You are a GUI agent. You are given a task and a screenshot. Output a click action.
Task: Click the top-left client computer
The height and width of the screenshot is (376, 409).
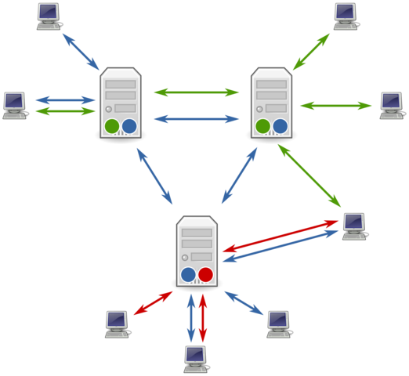point(49,15)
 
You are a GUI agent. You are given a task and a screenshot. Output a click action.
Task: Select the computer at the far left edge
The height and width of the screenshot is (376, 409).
point(14,104)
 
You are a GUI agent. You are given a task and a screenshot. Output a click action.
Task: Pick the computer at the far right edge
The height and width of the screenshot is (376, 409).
point(391,105)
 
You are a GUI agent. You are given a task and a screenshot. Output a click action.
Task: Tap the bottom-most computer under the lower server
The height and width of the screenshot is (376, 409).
point(196,358)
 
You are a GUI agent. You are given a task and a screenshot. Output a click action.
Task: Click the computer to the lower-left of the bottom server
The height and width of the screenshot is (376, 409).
point(117,323)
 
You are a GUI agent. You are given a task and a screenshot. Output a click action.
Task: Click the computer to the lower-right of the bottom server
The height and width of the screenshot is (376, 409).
point(278,323)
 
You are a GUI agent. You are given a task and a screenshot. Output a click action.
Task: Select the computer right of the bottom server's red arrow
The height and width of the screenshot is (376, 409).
point(353,225)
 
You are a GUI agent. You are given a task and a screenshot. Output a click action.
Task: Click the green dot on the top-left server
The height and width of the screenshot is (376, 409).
point(112,126)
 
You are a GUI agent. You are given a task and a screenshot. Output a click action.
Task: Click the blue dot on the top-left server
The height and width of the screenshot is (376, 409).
point(129,126)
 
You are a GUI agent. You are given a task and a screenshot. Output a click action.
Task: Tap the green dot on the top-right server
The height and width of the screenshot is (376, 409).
point(263,126)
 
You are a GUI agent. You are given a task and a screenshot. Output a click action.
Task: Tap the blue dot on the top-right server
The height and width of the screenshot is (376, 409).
point(280,126)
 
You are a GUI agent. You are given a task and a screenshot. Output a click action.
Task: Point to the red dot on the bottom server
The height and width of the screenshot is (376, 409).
point(205,274)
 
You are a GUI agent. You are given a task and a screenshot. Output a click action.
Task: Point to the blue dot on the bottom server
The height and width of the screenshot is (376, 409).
point(188,274)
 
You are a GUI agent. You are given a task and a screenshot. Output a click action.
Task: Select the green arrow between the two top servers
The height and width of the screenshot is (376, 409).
point(196,92)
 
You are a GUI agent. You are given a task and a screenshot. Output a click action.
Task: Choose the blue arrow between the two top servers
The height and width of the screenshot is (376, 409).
point(196,119)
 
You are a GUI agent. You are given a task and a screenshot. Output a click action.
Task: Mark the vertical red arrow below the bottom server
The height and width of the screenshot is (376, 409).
point(203,317)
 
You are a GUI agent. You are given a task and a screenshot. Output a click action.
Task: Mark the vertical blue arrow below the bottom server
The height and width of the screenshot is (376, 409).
point(190,317)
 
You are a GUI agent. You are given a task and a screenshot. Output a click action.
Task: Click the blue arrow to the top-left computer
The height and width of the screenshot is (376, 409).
point(81,52)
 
